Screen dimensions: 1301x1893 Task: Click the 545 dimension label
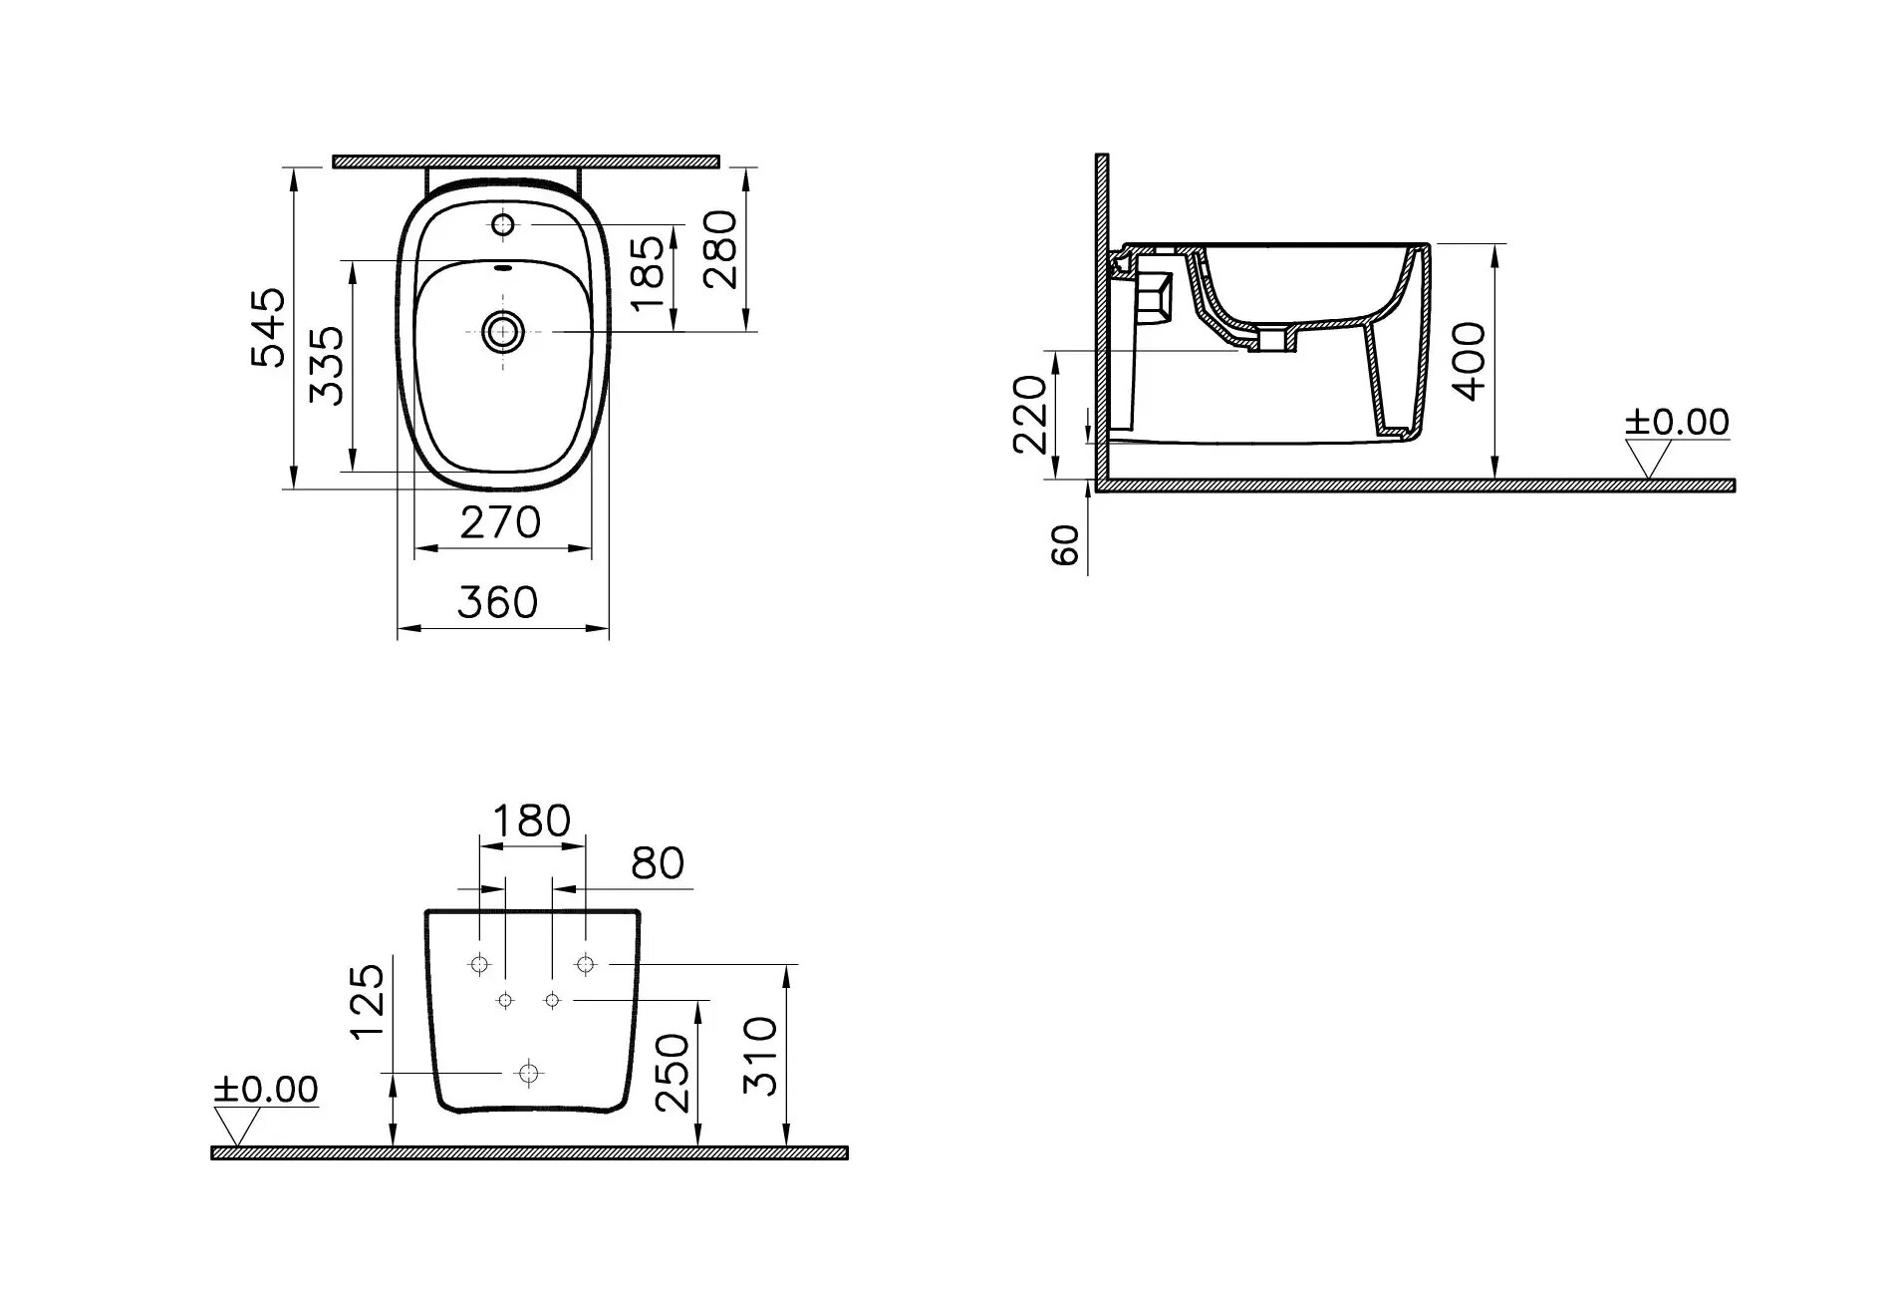[268, 328]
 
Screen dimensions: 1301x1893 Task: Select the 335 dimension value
[327, 365]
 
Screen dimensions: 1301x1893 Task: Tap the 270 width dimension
[500, 522]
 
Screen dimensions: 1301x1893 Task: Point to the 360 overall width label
[497, 602]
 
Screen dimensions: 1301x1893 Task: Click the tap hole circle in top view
[504, 224]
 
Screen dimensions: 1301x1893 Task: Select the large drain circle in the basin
[504, 331]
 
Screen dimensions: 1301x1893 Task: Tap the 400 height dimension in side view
[1471, 361]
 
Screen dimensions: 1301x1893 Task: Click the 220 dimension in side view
[1030, 414]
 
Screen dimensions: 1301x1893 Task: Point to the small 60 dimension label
[1066, 545]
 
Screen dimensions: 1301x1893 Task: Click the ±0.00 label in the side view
[1677, 423]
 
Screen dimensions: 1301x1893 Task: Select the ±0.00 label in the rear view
[266, 1090]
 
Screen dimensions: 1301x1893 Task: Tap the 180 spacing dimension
[533, 821]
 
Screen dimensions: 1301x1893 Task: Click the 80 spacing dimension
[658, 863]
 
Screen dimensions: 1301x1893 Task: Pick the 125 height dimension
[368, 1000]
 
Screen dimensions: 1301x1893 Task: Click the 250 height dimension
[675, 1073]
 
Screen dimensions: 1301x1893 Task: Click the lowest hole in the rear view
[527, 1073]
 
